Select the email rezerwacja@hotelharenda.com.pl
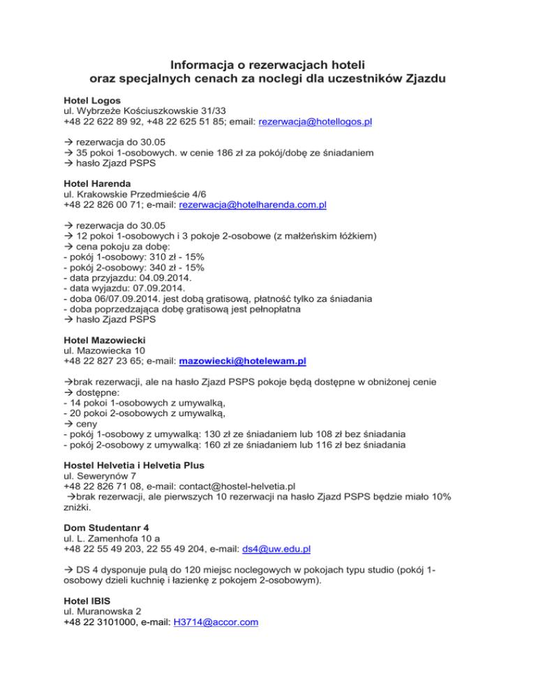coord(253,205)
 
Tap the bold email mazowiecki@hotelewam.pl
coord(243,361)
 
